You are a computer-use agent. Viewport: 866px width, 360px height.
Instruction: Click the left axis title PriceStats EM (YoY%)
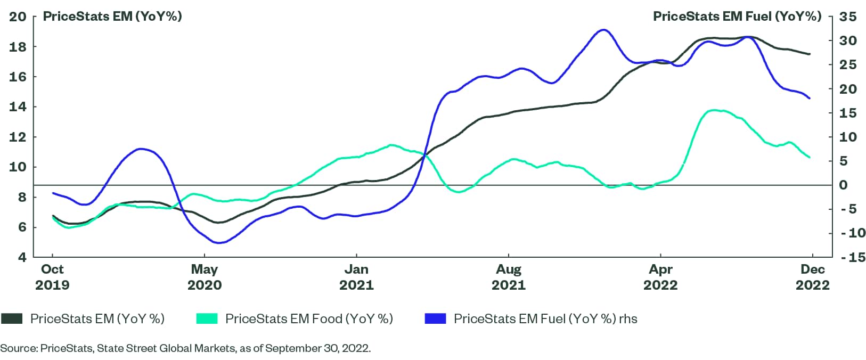(112, 17)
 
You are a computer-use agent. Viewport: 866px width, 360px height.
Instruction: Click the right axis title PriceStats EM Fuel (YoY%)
(737, 17)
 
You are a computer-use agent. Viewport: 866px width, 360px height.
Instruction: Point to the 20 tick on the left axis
(18, 17)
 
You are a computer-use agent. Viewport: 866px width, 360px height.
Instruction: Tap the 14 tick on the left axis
(18, 107)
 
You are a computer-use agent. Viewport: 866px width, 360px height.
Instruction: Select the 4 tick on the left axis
(21, 258)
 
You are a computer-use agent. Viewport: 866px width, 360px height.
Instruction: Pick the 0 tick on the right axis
(844, 185)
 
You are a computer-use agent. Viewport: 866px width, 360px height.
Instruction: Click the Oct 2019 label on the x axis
(52, 277)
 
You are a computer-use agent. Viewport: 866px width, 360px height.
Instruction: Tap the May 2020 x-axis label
(205, 277)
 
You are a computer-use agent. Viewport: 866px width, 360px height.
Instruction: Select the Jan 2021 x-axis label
(356, 277)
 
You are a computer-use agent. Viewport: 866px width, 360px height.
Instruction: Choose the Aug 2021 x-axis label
(509, 277)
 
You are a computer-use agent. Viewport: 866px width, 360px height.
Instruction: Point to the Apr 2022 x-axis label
(660, 277)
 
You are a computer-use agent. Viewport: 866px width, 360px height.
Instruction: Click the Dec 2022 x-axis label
(812, 277)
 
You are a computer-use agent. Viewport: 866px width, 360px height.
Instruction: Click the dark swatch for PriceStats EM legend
(12, 319)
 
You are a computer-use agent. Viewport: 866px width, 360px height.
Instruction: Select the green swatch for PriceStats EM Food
(207, 319)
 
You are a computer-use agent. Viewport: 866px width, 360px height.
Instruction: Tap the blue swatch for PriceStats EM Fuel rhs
(435, 319)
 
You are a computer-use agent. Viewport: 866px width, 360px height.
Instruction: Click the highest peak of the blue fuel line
(602, 30)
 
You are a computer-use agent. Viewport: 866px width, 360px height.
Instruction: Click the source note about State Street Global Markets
(185, 349)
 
